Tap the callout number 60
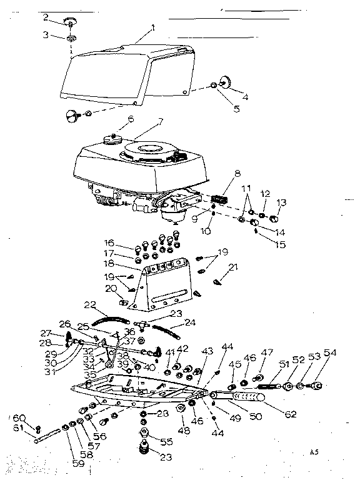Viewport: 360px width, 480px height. click(x=19, y=417)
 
